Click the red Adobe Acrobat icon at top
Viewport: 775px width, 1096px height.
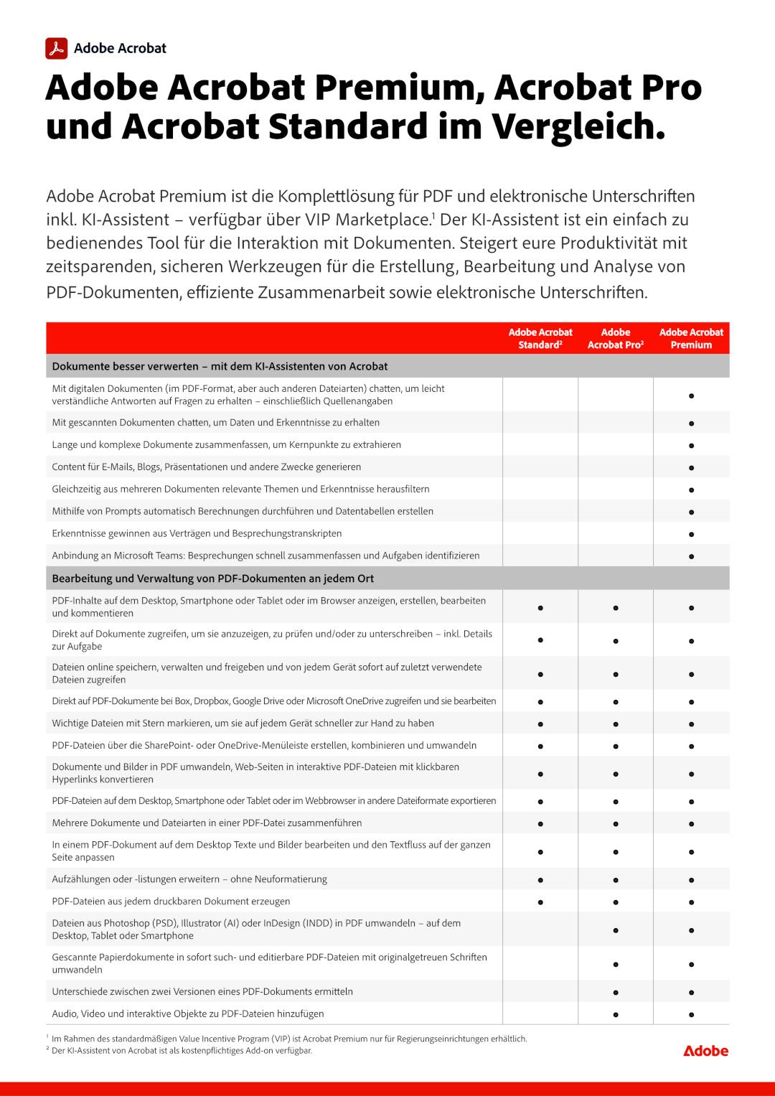pyautogui.click(x=57, y=48)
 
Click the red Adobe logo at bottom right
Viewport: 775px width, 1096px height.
pyautogui.click(x=705, y=1051)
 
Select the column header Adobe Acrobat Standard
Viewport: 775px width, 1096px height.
pyautogui.click(x=540, y=338)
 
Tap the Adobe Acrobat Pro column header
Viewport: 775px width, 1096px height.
pyautogui.click(x=615, y=338)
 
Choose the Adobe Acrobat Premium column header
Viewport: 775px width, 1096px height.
pyautogui.click(x=691, y=338)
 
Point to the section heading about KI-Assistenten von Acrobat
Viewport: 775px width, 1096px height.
pyautogui.click(x=220, y=366)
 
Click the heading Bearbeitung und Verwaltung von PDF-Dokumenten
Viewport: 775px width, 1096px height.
pyautogui.click(x=212, y=579)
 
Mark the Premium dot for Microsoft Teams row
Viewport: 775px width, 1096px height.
pyautogui.click(x=691, y=556)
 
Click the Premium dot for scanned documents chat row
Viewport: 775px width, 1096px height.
pyautogui.click(x=691, y=423)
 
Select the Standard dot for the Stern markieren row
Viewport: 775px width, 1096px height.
pyautogui.click(x=540, y=724)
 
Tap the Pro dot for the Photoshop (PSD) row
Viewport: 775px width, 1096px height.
pyautogui.click(x=616, y=930)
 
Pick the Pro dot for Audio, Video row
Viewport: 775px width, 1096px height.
pyautogui.click(x=616, y=1015)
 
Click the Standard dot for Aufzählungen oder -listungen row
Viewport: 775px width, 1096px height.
pyautogui.click(x=540, y=880)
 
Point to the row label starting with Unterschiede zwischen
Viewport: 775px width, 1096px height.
pyautogui.click(x=202, y=992)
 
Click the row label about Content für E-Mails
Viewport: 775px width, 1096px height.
pyautogui.click(x=207, y=467)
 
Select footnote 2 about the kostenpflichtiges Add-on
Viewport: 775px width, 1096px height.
pyautogui.click(x=182, y=1051)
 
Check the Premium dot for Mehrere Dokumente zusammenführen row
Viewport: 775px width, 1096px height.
pyautogui.click(x=691, y=824)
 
